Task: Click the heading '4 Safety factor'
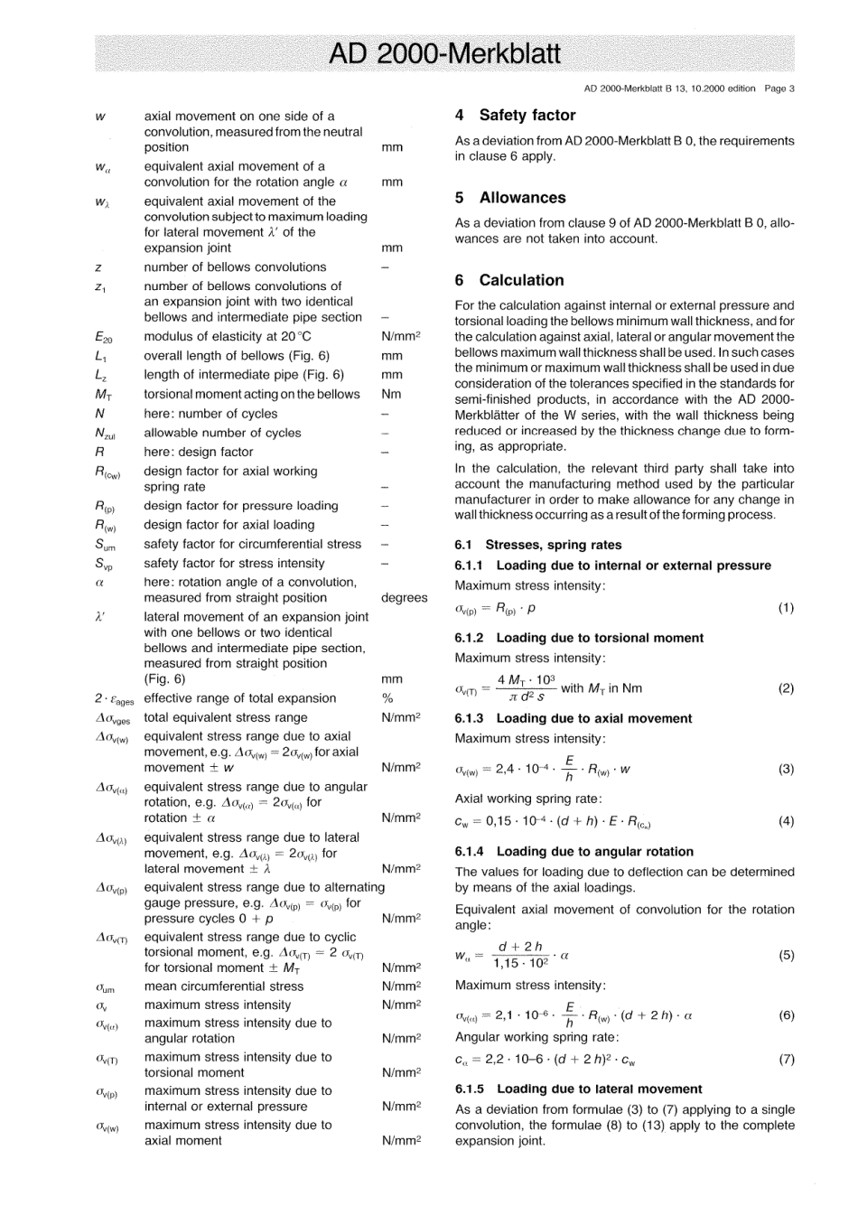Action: click(x=515, y=116)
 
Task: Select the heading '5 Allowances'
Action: click(x=510, y=198)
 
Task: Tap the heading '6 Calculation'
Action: click(x=509, y=280)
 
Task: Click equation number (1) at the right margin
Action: click(x=786, y=608)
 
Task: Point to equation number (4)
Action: click(x=786, y=821)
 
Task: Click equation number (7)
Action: click(x=786, y=1060)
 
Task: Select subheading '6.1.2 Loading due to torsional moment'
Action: click(x=578, y=638)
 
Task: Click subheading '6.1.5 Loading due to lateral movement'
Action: click(x=578, y=1089)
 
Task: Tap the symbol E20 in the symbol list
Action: click(x=103, y=338)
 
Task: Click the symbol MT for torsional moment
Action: click(x=103, y=395)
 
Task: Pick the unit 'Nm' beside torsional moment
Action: click(x=389, y=395)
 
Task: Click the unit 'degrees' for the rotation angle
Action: click(x=404, y=598)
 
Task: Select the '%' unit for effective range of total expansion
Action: click(x=386, y=698)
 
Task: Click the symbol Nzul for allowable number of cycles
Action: click(x=105, y=434)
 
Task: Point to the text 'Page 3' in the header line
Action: click(x=779, y=89)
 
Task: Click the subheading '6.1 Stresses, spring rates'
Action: click(x=537, y=545)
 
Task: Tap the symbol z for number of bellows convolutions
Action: click(x=98, y=267)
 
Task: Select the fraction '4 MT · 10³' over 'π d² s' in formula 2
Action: click(x=521, y=688)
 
